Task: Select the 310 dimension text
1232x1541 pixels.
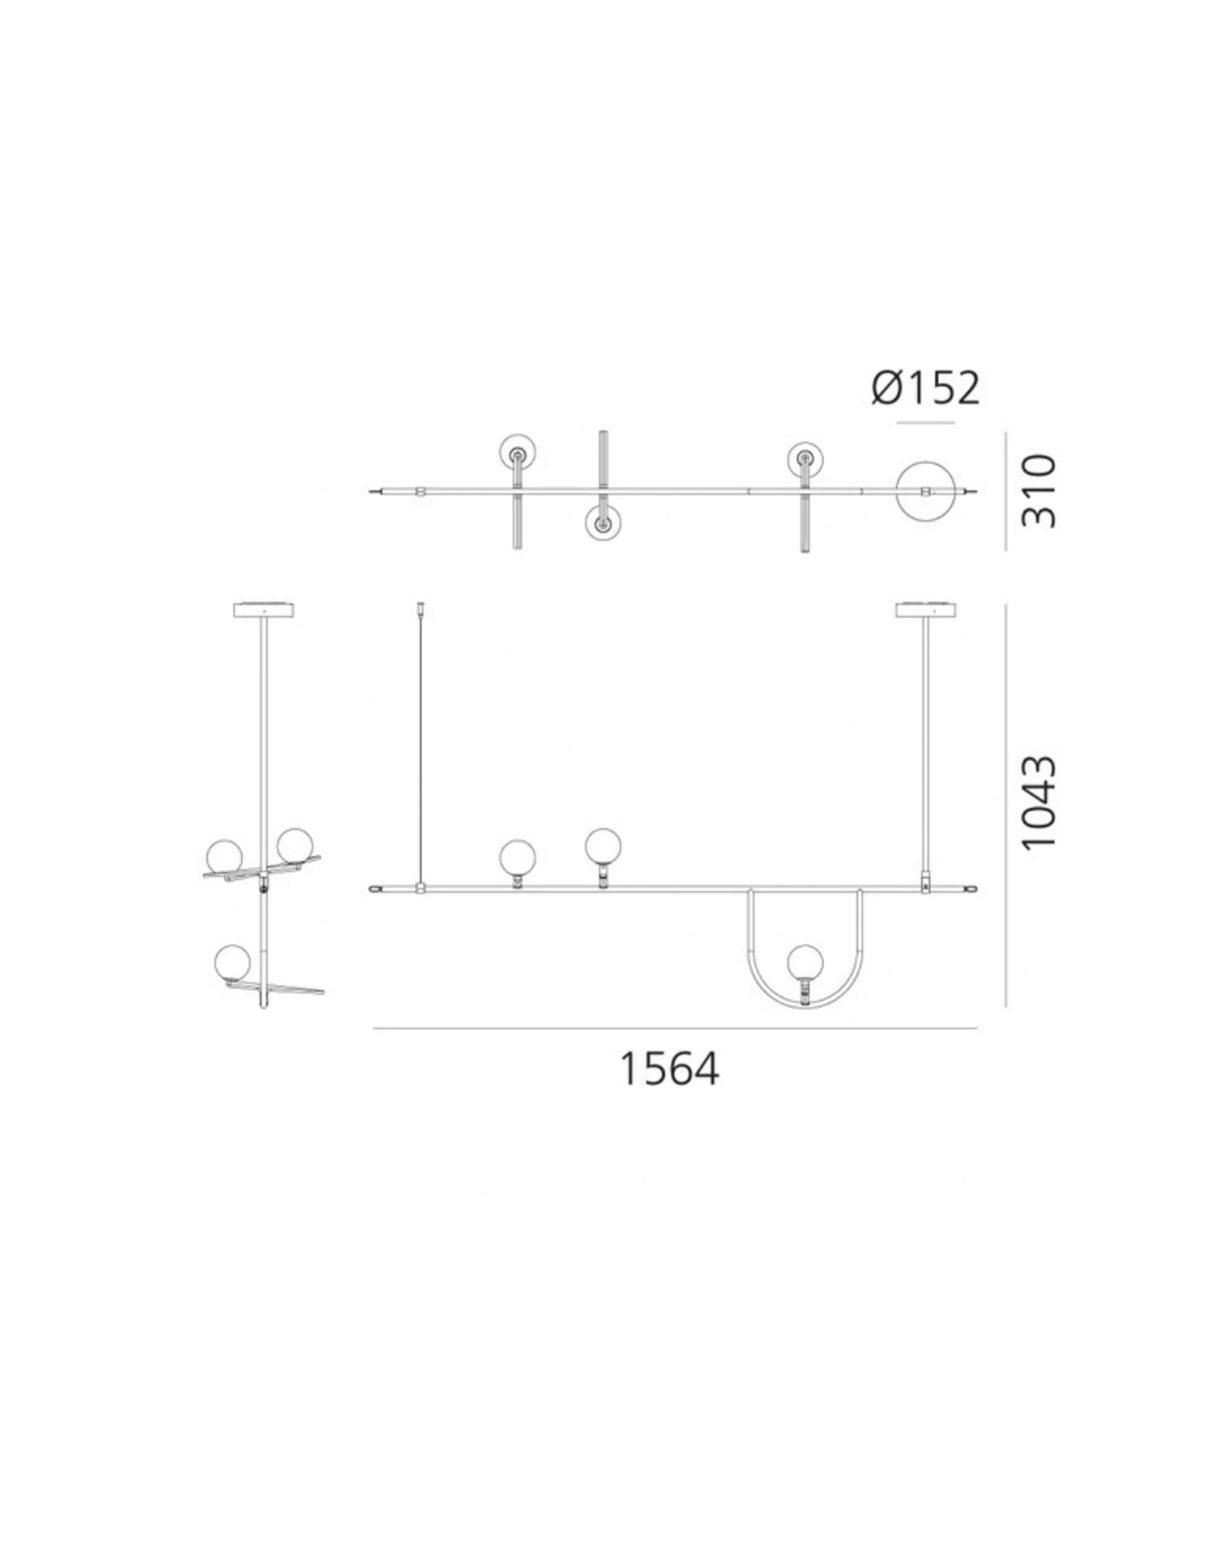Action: point(1039,491)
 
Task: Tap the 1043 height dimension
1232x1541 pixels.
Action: point(1039,802)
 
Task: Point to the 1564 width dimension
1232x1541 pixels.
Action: point(668,1069)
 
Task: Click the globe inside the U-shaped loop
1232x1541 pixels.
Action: point(805,962)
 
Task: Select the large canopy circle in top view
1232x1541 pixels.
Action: point(926,491)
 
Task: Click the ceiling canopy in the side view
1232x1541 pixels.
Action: point(263,609)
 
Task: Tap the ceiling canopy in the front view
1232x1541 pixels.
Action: point(926,609)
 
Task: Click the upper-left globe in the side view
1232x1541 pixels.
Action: point(224,854)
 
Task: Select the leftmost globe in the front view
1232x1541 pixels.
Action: point(517,858)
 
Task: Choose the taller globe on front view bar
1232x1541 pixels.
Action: point(602,846)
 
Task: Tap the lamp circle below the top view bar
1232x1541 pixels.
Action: point(603,525)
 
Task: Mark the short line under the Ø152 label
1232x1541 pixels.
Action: point(926,422)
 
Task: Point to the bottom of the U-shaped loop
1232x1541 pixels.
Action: point(805,1007)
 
